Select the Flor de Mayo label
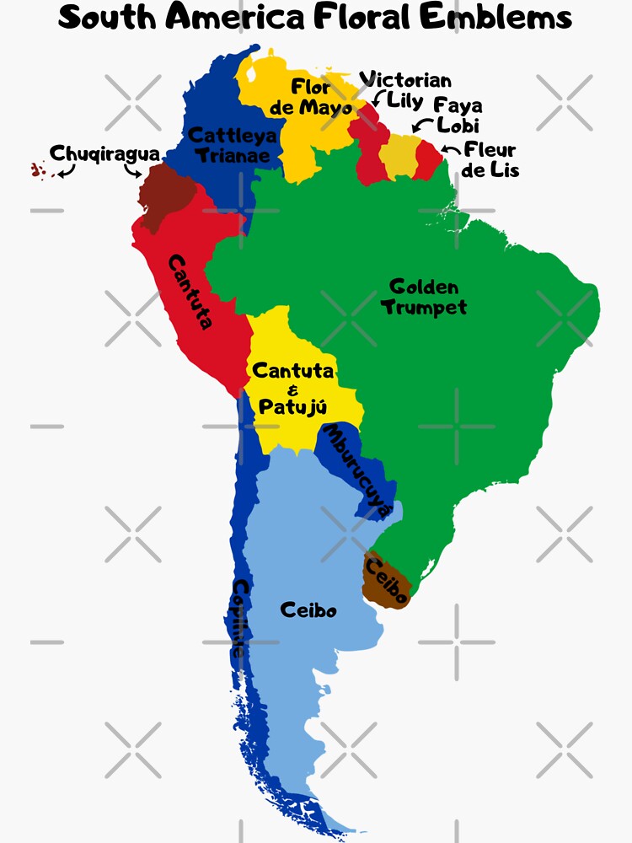[322, 97]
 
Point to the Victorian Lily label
[406, 89]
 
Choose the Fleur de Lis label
[490, 160]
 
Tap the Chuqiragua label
[104, 153]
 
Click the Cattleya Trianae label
[231, 145]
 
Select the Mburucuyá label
[358, 470]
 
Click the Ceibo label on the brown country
[387, 582]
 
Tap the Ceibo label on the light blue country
[308, 609]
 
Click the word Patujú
[292, 407]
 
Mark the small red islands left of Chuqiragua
[36, 170]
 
